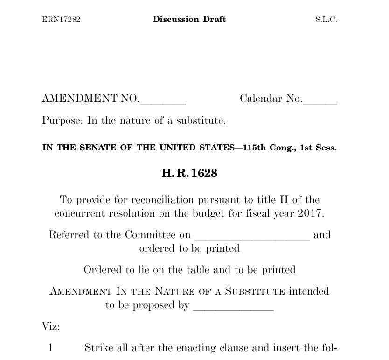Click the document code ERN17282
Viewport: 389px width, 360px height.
click(x=61, y=20)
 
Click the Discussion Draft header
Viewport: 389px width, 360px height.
click(x=189, y=19)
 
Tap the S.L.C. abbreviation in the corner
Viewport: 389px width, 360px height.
click(x=326, y=20)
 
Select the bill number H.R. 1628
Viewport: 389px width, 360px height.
click(x=189, y=173)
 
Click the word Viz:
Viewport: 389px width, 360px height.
click(x=51, y=326)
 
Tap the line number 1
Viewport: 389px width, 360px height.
click(x=51, y=348)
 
